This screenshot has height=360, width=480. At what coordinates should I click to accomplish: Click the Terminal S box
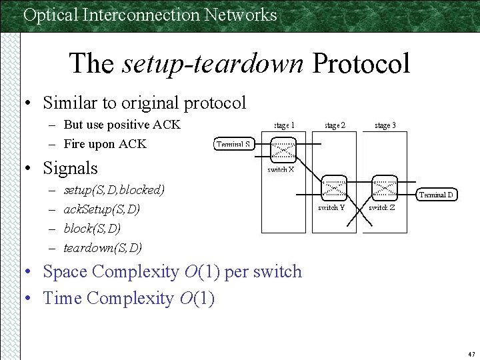click(234, 144)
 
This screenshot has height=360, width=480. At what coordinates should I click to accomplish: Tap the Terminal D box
click(437, 195)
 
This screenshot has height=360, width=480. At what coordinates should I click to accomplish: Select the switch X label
click(281, 169)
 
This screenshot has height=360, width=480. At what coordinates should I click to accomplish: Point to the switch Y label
click(331, 207)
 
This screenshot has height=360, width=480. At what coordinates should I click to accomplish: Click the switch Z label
click(382, 207)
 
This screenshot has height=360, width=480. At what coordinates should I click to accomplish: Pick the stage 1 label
click(284, 125)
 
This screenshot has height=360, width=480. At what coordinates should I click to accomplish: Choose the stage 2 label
click(335, 125)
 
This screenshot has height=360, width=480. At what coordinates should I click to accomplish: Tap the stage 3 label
click(385, 125)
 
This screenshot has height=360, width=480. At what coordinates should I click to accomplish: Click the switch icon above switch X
click(282, 150)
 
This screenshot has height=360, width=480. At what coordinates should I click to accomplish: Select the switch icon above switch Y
click(333, 187)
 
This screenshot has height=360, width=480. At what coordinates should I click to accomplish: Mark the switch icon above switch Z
click(383, 187)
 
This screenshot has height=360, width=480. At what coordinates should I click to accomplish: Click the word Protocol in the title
click(361, 64)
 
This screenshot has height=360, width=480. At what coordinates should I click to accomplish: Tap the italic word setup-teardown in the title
click(213, 64)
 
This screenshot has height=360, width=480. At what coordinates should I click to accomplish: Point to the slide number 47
click(471, 353)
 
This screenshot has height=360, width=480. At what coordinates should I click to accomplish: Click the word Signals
click(70, 168)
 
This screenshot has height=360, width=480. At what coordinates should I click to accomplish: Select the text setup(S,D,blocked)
click(114, 190)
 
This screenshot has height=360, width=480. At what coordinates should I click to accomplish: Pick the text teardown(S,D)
click(103, 248)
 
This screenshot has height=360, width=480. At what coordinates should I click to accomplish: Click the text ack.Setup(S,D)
click(101, 209)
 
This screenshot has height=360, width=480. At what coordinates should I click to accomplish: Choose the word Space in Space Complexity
click(65, 272)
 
